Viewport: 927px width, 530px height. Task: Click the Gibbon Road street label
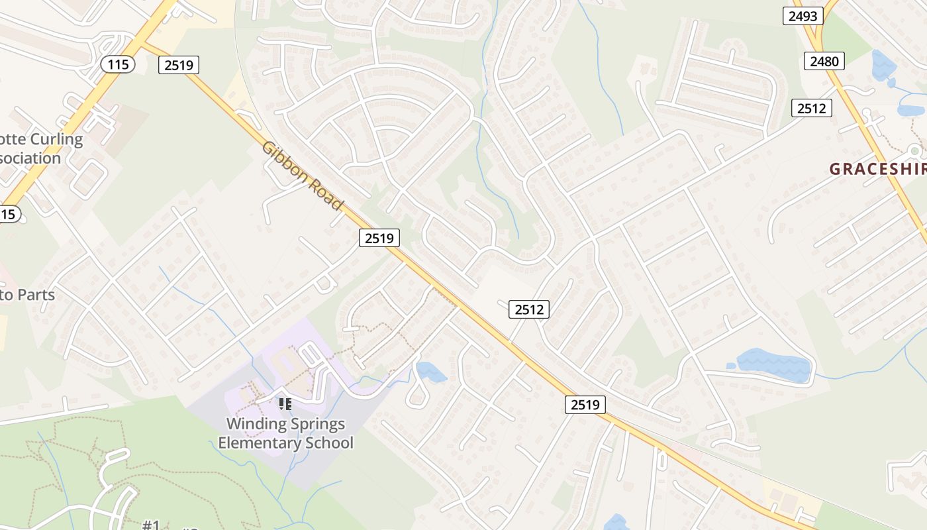(x=303, y=176)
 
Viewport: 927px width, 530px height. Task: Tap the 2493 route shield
(x=803, y=16)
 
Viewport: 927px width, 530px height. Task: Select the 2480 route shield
(x=824, y=62)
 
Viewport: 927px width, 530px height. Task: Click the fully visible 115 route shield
(x=118, y=64)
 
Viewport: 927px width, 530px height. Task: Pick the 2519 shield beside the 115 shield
(x=179, y=64)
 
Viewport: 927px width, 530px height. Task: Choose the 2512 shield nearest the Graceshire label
(x=812, y=108)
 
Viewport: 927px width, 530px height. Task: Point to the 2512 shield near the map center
(x=529, y=309)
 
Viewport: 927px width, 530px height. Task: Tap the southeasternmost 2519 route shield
(x=585, y=404)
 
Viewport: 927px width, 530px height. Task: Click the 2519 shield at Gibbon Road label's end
(x=379, y=238)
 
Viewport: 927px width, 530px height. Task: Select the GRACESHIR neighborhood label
(x=877, y=169)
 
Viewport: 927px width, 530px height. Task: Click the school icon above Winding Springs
(x=285, y=403)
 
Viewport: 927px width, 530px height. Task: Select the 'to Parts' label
(x=28, y=295)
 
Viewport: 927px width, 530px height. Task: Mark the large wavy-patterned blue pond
(x=773, y=364)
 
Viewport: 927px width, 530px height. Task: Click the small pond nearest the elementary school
(x=431, y=372)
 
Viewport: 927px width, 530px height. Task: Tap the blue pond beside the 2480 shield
(x=883, y=65)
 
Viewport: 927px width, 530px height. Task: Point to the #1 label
(x=151, y=525)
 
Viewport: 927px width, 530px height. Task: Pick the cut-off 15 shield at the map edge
(x=9, y=214)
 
